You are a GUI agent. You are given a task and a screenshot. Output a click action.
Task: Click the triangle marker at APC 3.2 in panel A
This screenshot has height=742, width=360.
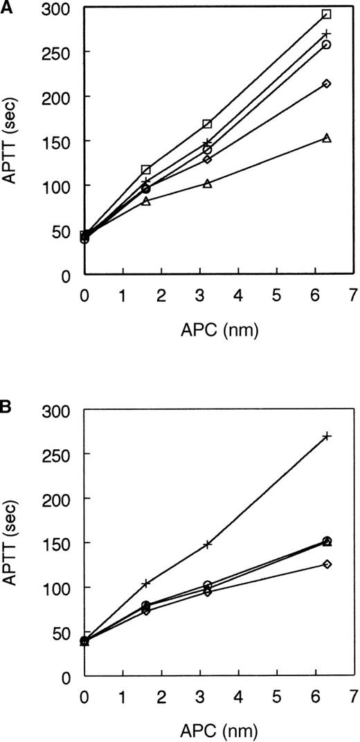(207, 183)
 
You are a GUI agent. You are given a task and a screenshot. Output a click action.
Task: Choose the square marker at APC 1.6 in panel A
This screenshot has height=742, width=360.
(146, 170)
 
